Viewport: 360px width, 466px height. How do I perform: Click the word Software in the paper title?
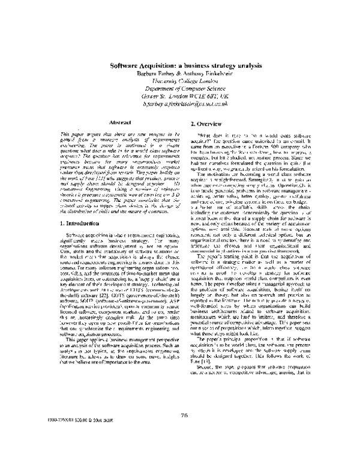tap(125, 66)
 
